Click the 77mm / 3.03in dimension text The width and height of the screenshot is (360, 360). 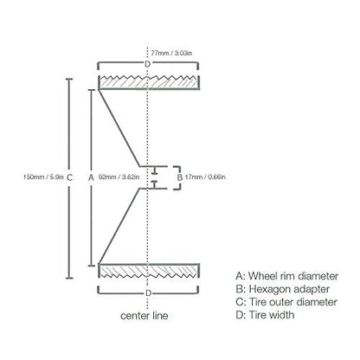point(171,53)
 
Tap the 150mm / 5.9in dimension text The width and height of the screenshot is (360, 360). point(43,177)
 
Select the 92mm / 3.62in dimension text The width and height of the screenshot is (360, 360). point(119,177)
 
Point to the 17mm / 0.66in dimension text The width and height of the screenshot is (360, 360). point(205,177)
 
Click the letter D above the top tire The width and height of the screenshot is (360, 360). point(147,64)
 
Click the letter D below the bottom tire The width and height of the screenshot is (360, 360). point(148,293)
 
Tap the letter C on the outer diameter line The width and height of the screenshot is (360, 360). point(69,177)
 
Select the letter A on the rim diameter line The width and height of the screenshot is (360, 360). point(91,177)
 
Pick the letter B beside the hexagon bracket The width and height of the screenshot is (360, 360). point(179,177)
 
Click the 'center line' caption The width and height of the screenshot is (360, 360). point(145,316)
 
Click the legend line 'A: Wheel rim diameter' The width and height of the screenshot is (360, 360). point(287,276)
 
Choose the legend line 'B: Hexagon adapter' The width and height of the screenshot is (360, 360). point(283,289)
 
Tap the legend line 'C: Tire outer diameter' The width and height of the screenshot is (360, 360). point(286,302)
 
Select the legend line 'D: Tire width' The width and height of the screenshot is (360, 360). point(265,315)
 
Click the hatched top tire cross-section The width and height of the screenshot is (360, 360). point(149,83)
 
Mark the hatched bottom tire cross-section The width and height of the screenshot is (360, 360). point(149,271)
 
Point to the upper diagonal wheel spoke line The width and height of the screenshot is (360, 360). point(119,128)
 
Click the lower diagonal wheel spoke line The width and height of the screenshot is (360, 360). point(119,226)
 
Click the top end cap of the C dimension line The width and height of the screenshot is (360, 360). point(69,79)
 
